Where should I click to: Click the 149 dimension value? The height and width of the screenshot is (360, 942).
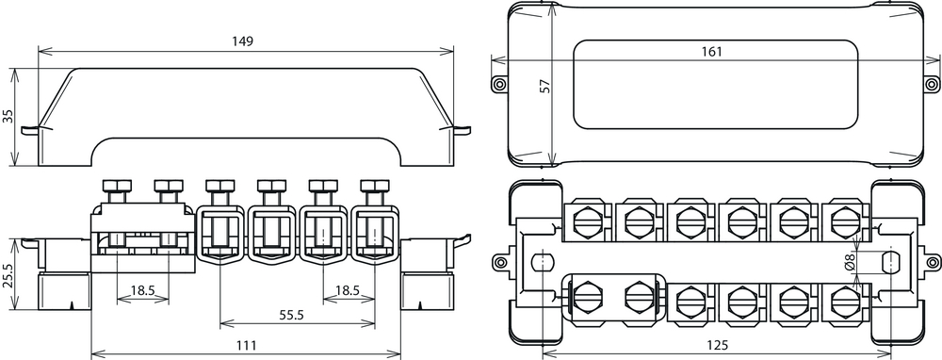(x=243, y=41)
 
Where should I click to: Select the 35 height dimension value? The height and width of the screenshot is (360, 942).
(x=8, y=116)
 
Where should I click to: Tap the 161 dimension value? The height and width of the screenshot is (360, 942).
(x=711, y=52)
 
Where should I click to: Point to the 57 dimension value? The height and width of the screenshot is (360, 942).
(x=545, y=86)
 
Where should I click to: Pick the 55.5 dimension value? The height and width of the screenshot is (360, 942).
(x=291, y=315)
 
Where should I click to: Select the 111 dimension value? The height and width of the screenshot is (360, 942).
(x=246, y=345)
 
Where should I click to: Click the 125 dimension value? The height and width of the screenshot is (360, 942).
(x=716, y=345)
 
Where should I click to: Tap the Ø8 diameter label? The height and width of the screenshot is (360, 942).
(x=849, y=263)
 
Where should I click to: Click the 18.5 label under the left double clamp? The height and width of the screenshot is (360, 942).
(x=142, y=290)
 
